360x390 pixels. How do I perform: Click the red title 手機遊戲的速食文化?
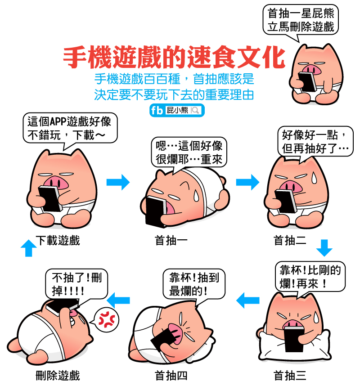click(174, 57)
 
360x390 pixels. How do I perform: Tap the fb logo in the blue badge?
click(157, 110)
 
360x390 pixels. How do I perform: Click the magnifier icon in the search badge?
click(195, 110)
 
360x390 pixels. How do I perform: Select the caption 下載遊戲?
click(58, 241)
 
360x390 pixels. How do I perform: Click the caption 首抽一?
click(171, 241)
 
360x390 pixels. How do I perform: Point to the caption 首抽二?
click(290, 241)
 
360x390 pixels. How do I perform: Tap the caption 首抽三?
click(290, 376)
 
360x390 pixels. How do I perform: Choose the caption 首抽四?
click(171, 376)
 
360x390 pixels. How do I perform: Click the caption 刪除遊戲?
click(58, 376)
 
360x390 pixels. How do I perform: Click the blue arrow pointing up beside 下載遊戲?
click(29, 248)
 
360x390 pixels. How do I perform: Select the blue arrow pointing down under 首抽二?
click(324, 248)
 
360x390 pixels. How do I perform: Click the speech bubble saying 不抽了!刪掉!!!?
click(76, 285)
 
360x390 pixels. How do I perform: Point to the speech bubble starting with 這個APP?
click(70, 129)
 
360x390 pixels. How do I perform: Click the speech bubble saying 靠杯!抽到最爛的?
click(194, 284)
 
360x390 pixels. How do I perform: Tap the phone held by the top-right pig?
click(307, 81)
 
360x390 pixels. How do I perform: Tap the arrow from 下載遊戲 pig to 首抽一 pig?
click(118, 182)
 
